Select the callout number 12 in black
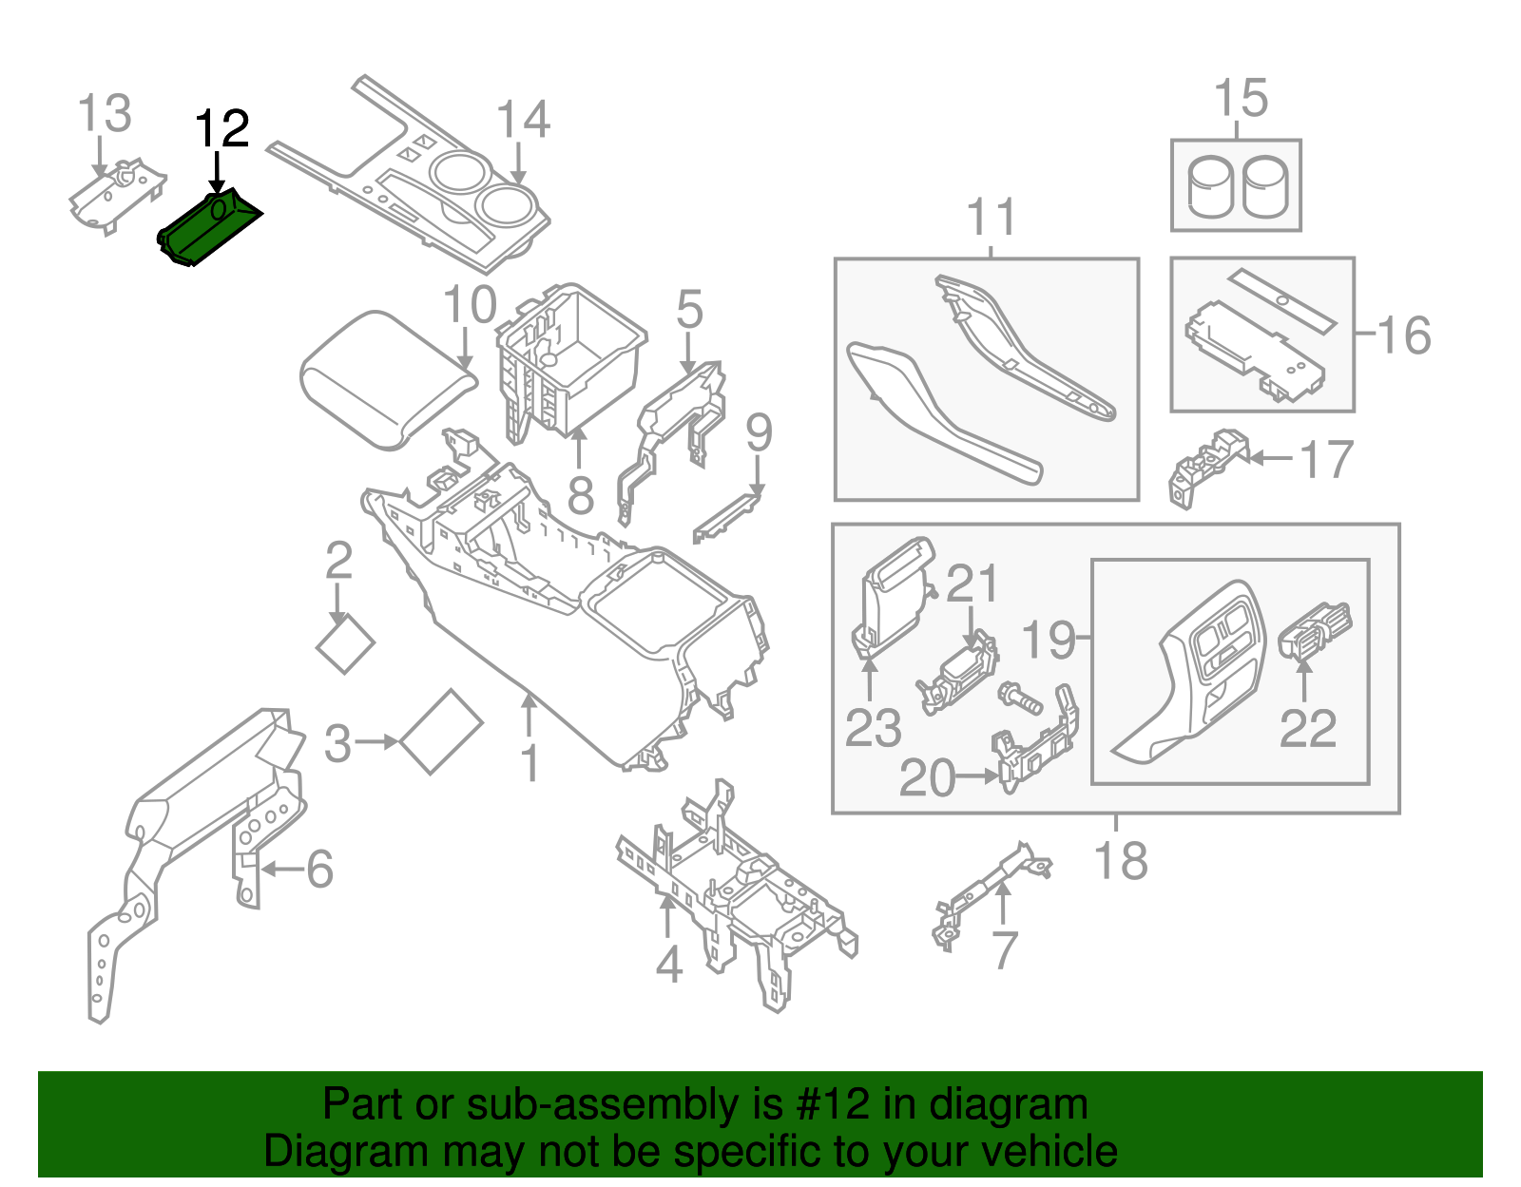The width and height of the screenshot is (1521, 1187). tap(222, 129)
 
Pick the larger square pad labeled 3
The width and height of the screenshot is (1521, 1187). tap(441, 731)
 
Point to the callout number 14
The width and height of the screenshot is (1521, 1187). tap(523, 121)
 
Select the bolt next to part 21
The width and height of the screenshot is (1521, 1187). tap(1020, 700)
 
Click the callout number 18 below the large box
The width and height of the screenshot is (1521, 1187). tap(1121, 861)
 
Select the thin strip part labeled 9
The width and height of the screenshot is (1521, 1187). tap(727, 517)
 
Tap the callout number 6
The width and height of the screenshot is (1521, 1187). tap(319, 869)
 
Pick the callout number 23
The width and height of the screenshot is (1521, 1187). tap(873, 729)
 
